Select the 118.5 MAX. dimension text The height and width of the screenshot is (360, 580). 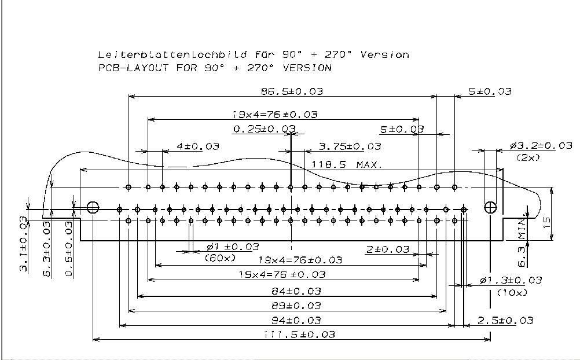[347, 164]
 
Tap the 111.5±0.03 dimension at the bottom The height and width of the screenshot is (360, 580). [299, 335]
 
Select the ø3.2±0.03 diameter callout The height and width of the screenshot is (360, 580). [541, 146]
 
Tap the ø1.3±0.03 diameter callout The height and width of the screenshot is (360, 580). [511, 281]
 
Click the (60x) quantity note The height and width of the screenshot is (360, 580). [221, 258]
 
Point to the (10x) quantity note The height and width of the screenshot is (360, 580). [512, 293]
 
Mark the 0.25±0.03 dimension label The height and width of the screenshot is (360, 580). [264, 128]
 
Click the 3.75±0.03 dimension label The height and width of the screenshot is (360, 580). [350, 146]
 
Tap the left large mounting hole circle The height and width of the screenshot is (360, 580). [93, 207]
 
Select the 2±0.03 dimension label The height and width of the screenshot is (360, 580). [387, 249]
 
